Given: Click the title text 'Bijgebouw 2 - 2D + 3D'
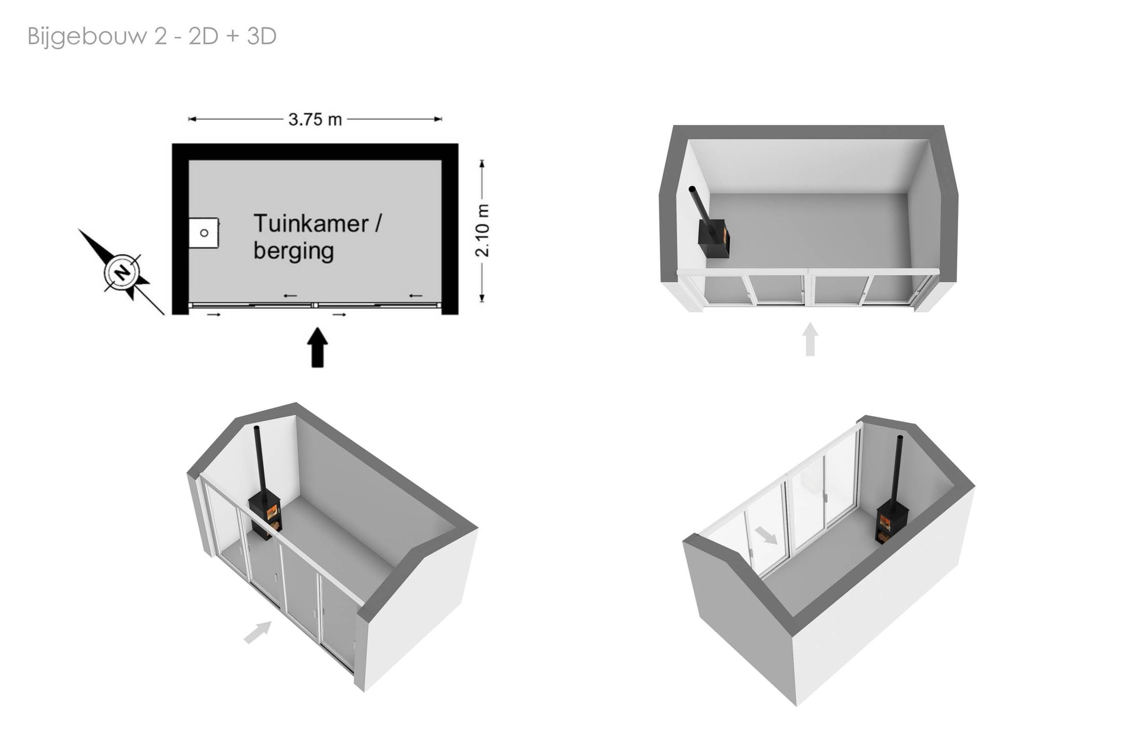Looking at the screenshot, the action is [x=152, y=37].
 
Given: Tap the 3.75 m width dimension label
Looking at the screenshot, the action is [x=315, y=120].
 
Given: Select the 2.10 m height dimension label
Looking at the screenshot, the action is [x=482, y=230].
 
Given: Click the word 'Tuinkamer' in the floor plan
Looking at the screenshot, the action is [x=311, y=224].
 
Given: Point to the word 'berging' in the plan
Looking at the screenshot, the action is [x=294, y=251].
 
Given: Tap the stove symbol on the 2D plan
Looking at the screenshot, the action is [x=203, y=233].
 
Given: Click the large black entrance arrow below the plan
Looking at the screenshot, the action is [x=317, y=347].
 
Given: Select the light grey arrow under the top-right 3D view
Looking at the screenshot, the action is [x=810, y=339].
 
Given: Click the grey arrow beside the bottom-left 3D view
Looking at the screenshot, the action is [x=258, y=632].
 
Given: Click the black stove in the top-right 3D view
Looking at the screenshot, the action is [x=714, y=238].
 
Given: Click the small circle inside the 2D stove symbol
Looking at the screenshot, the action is [x=204, y=233].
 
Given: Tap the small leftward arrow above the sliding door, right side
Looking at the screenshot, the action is [x=415, y=296].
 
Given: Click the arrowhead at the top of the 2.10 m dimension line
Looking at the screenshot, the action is [x=482, y=164].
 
